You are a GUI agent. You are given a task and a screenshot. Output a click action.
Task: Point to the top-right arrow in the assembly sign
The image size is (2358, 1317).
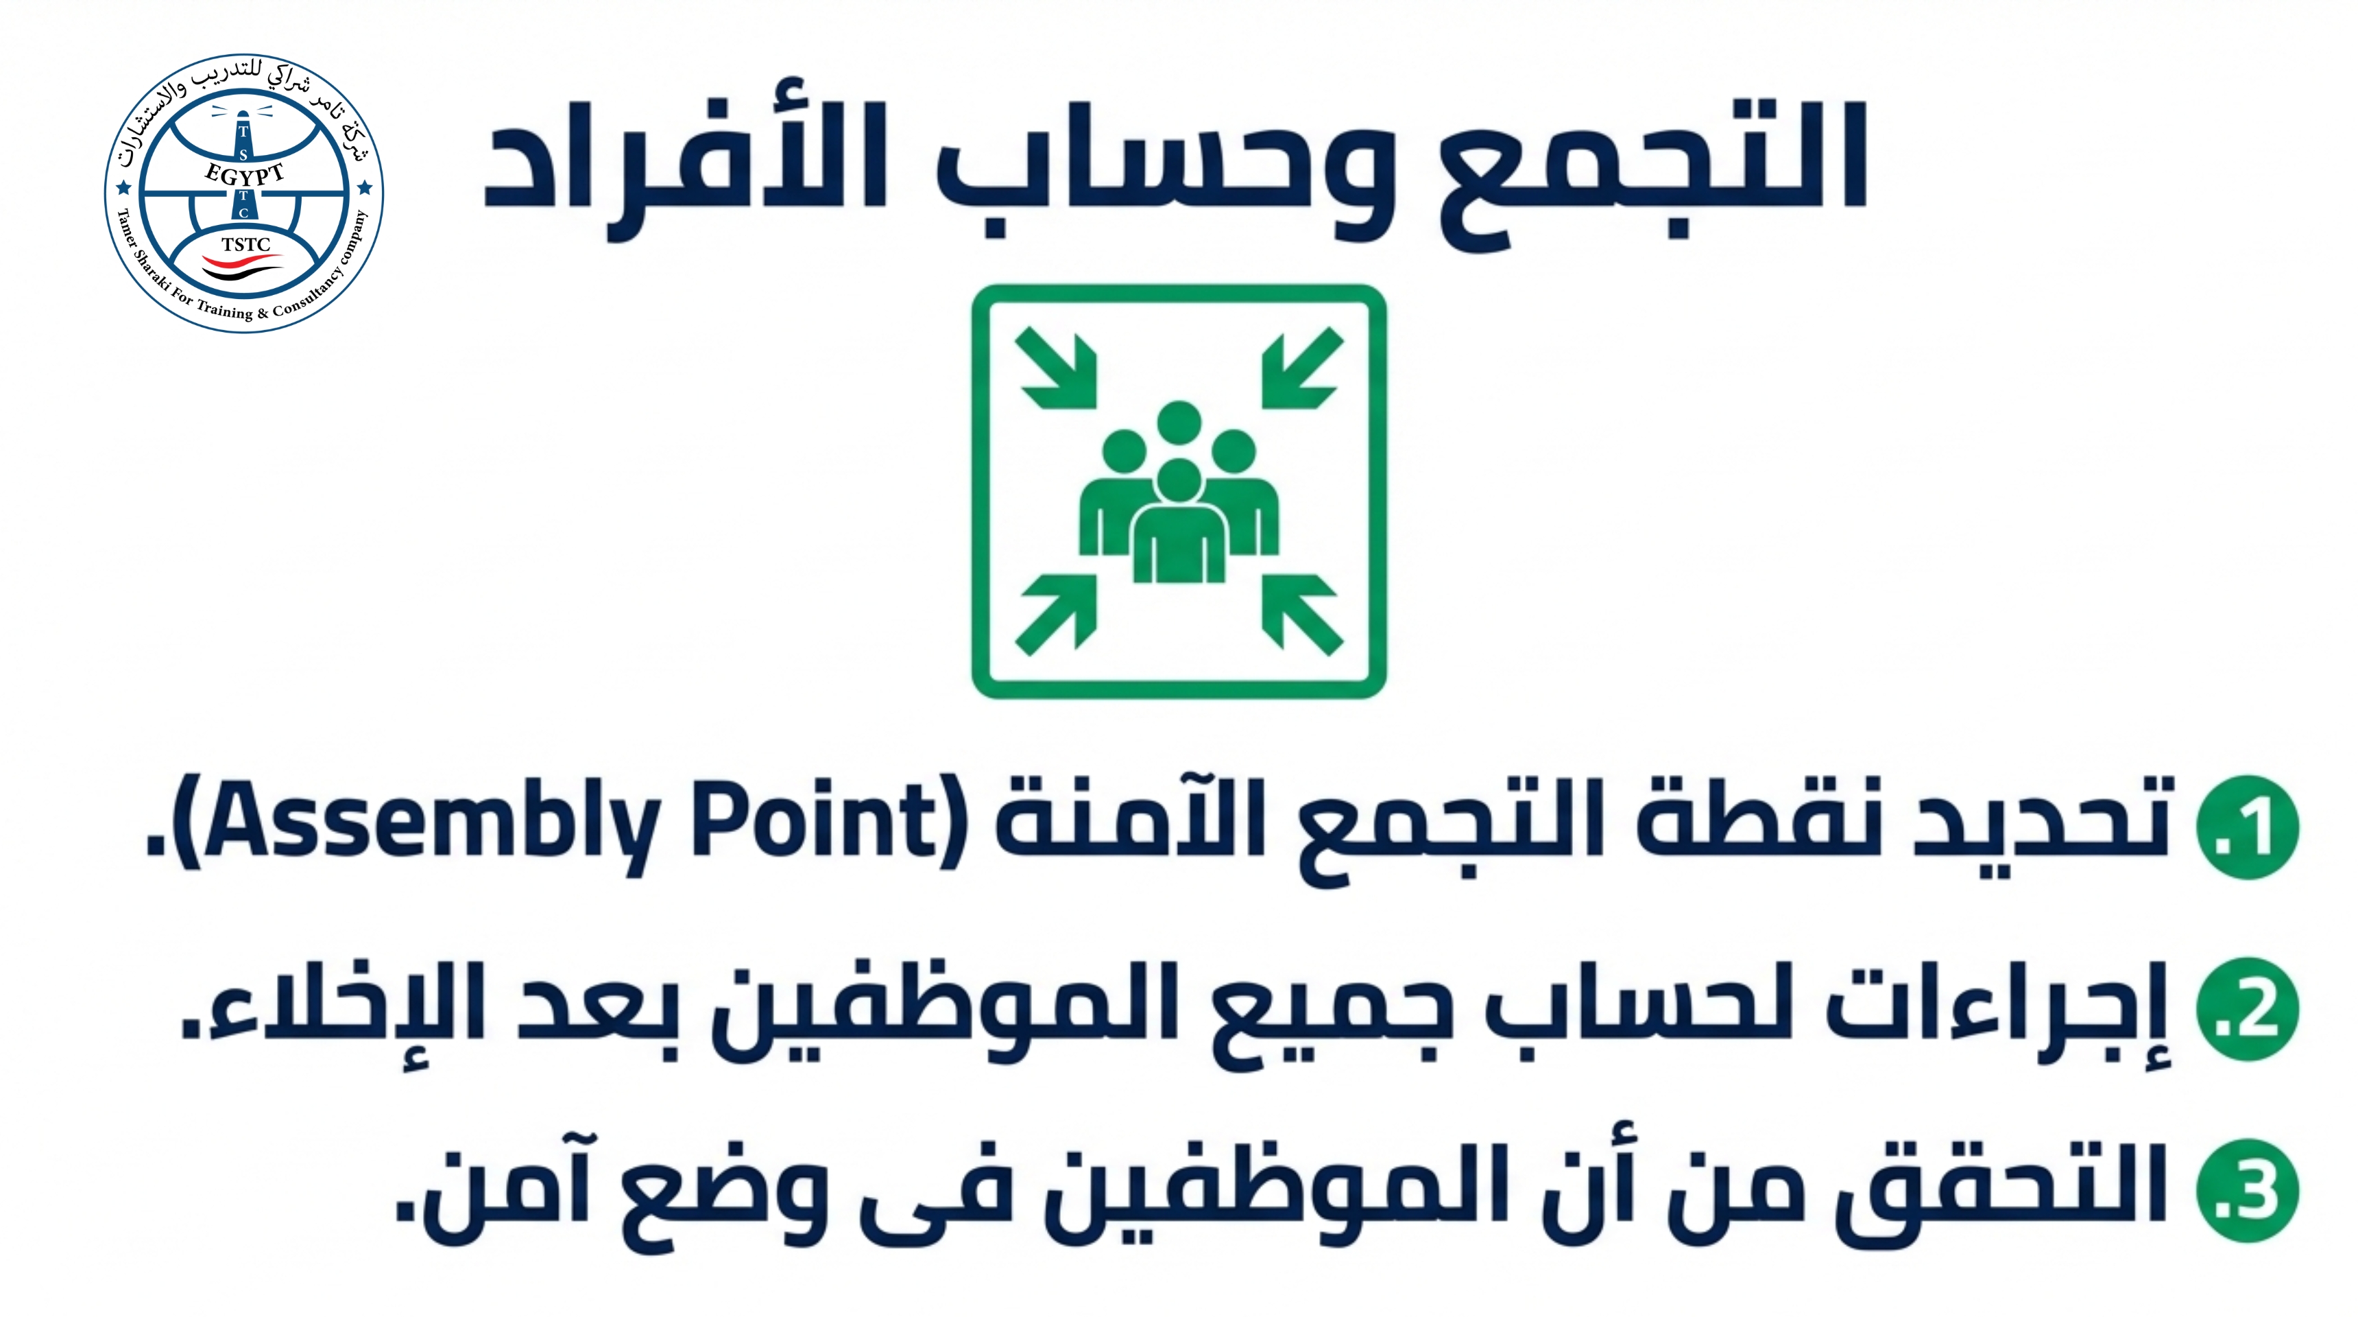point(1303,368)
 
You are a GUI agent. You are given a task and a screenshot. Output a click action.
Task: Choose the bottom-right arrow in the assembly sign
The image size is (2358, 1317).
point(1303,615)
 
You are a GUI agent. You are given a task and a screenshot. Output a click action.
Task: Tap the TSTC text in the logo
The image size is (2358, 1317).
point(245,244)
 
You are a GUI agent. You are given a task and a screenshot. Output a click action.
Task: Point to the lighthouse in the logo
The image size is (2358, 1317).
point(243,165)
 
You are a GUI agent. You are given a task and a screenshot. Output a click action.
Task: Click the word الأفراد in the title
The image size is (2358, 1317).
point(685,165)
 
